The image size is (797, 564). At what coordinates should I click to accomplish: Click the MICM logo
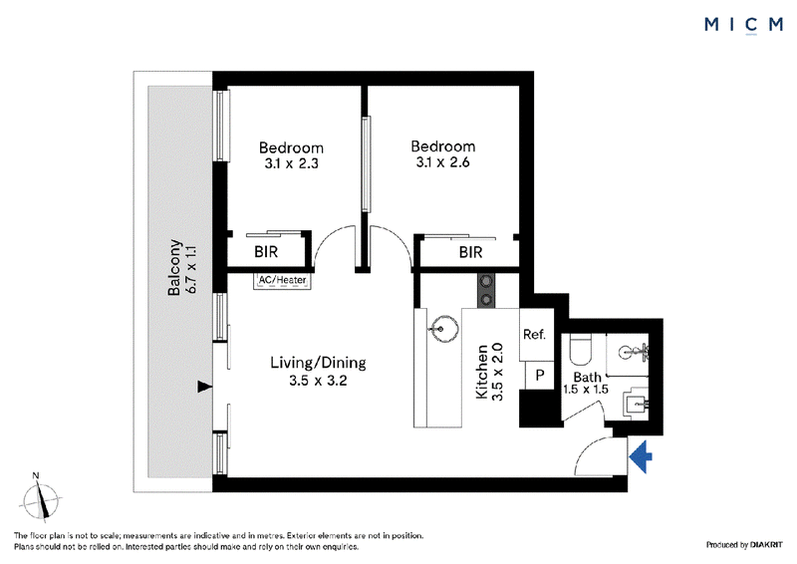tap(743, 25)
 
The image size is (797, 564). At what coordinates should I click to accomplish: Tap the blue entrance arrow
tap(641, 456)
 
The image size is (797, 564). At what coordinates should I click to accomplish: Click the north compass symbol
tap(41, 498)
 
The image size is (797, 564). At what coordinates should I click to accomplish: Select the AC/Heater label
tap(282, 280)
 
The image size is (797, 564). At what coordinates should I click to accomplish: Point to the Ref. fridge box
tap(536, 335)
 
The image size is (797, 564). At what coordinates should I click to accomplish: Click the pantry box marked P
tap(539, 376)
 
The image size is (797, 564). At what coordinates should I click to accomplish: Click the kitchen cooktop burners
tap(486, 290)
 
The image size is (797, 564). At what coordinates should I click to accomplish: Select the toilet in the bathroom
tap(581, 349)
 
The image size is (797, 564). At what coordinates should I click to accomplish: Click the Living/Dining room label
tap(318, 363)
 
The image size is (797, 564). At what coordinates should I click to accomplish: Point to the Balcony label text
tap(174, 267)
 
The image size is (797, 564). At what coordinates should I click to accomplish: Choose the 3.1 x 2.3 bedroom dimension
tap(291, 163)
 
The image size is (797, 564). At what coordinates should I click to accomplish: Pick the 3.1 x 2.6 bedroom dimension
tap(442, 162)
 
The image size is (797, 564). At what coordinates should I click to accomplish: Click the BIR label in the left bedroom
tap(266, 252)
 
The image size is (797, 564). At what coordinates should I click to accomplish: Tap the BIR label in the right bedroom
tap(470, 252)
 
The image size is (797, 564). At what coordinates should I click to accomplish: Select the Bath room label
tap(588, 378)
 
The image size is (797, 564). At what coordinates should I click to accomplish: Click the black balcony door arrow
tap(204, 387)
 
